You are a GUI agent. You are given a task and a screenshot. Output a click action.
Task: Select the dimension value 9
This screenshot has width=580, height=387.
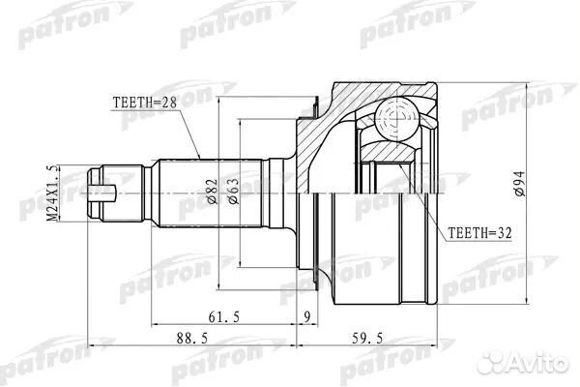tap(306, 314)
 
